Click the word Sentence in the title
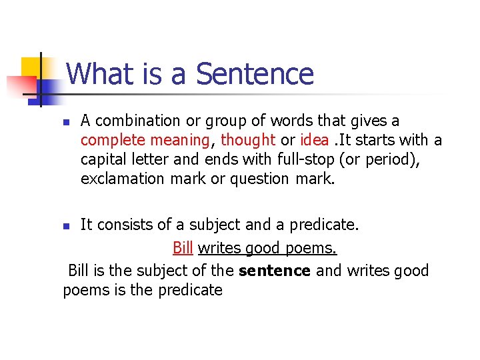254,73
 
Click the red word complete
109,141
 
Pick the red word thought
248,140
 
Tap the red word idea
314,140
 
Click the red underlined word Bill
183,249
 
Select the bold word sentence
275,271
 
